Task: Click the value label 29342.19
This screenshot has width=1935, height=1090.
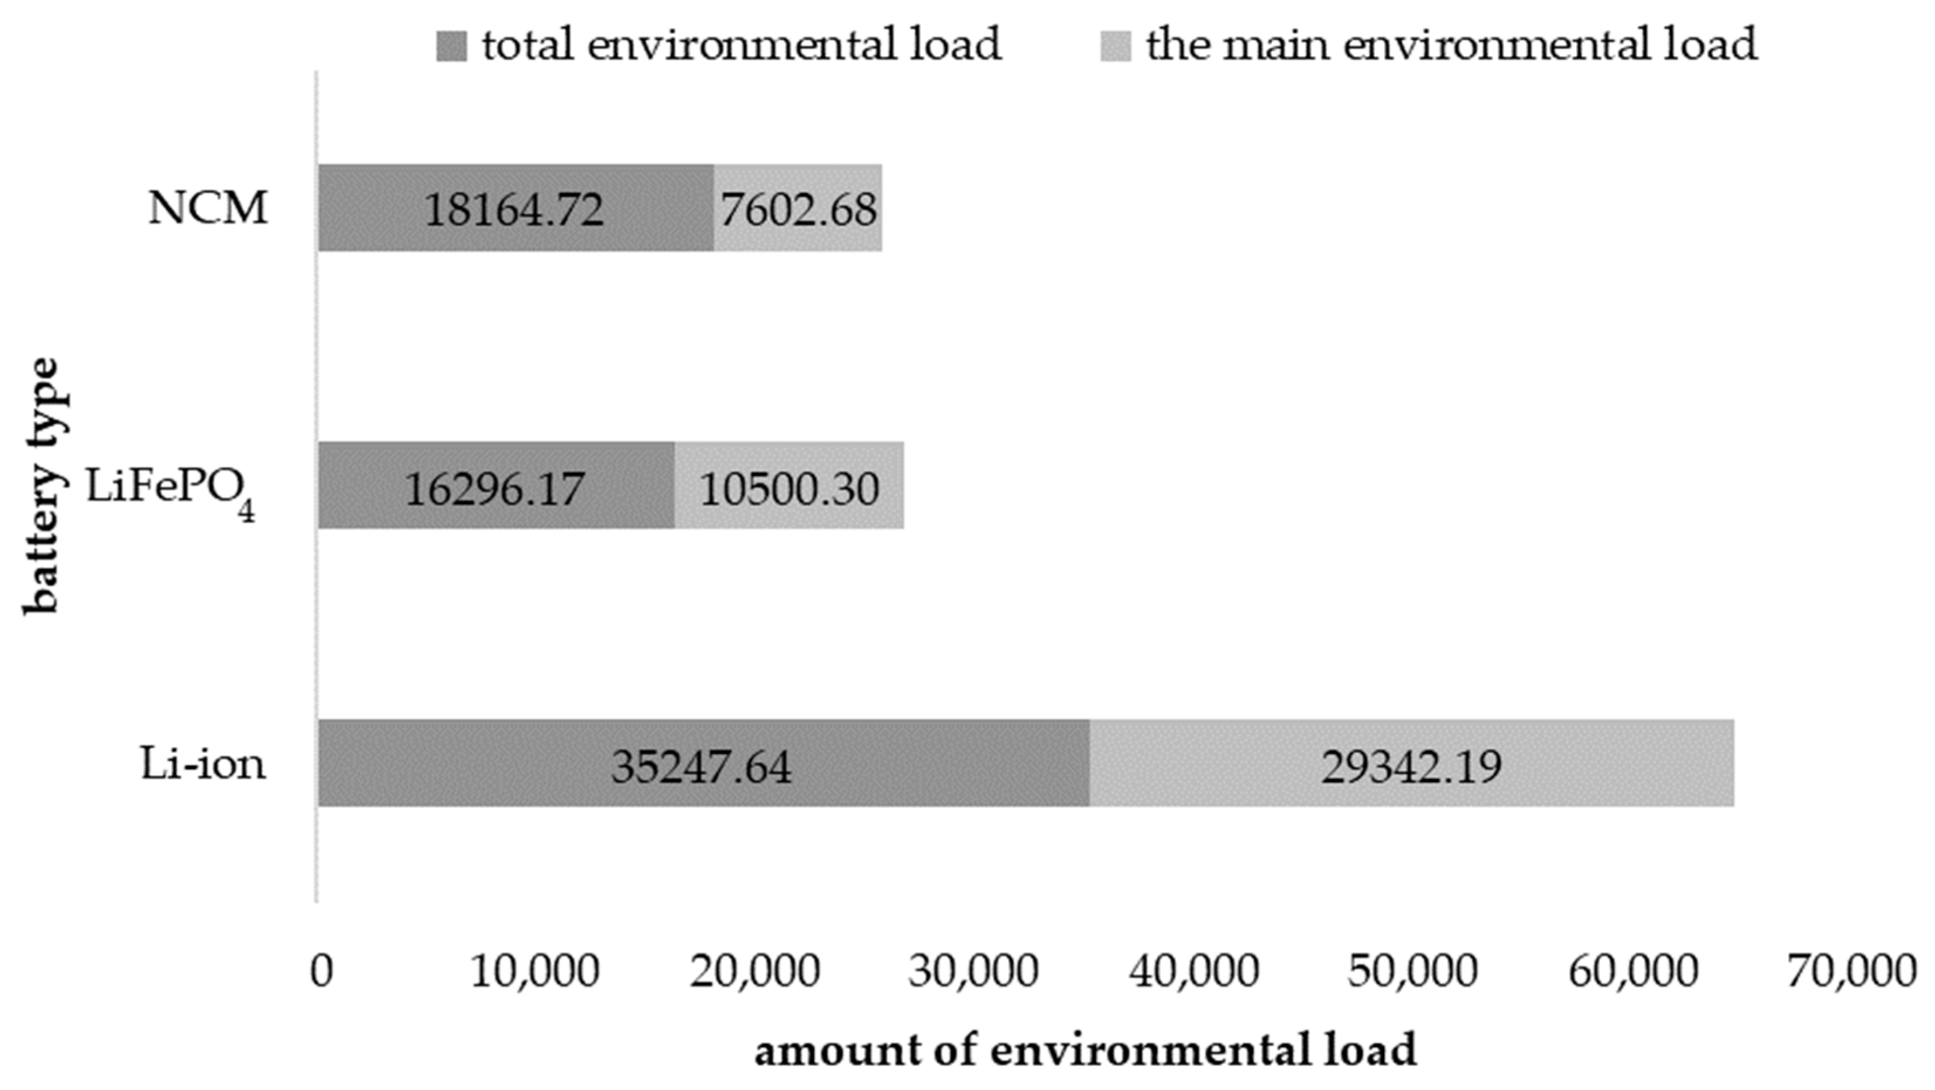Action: click(x=1411, y=767)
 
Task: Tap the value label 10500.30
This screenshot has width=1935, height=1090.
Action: click(x=789, y=489)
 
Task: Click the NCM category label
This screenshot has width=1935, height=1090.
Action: click(x=207, y=208)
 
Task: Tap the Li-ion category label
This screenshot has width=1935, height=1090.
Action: click(x=203, y=765)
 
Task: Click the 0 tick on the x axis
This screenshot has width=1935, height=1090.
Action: click(x=321, y=971)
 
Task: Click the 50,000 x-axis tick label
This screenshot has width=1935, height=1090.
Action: click(x=1412, y=971)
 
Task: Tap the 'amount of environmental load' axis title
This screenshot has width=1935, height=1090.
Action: click(x=1085, y=1050)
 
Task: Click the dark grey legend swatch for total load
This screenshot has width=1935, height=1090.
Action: click(x=451, y=46)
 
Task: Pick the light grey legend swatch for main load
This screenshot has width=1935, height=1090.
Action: click(x=1116, y=46)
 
